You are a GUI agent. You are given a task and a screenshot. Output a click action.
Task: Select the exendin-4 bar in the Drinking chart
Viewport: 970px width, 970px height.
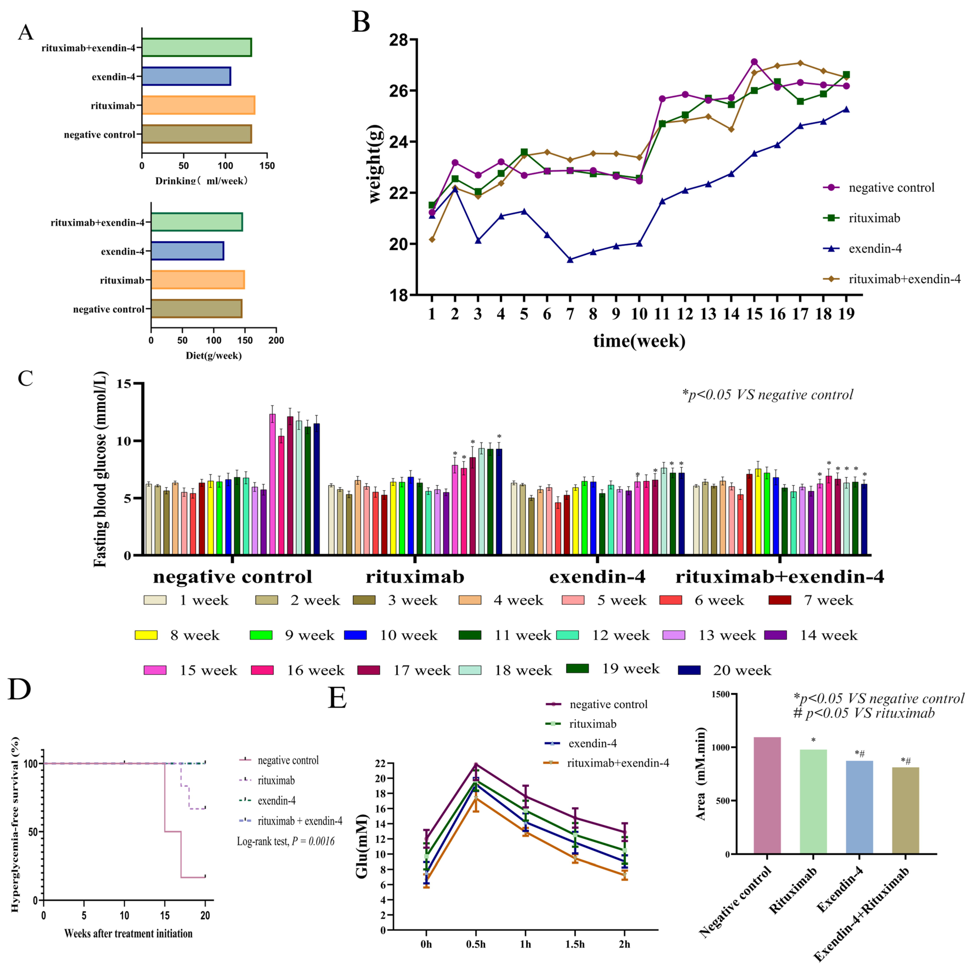(x=186, y=76)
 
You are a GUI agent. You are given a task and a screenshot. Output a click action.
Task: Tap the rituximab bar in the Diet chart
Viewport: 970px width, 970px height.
(x=198, y=280)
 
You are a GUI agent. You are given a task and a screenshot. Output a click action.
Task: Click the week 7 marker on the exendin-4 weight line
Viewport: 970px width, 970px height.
(x=570, y=260)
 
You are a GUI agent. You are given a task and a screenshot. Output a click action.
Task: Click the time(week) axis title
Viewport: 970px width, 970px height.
(x=639, y=341)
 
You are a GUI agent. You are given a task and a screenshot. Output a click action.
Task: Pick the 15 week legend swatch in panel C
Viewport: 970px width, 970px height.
(x=155, y=670)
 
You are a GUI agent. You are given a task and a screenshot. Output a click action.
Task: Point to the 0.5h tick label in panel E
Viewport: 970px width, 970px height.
(x=475, y=944)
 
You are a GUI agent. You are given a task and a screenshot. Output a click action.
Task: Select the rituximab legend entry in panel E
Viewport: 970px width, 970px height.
(x=581, y=723)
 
